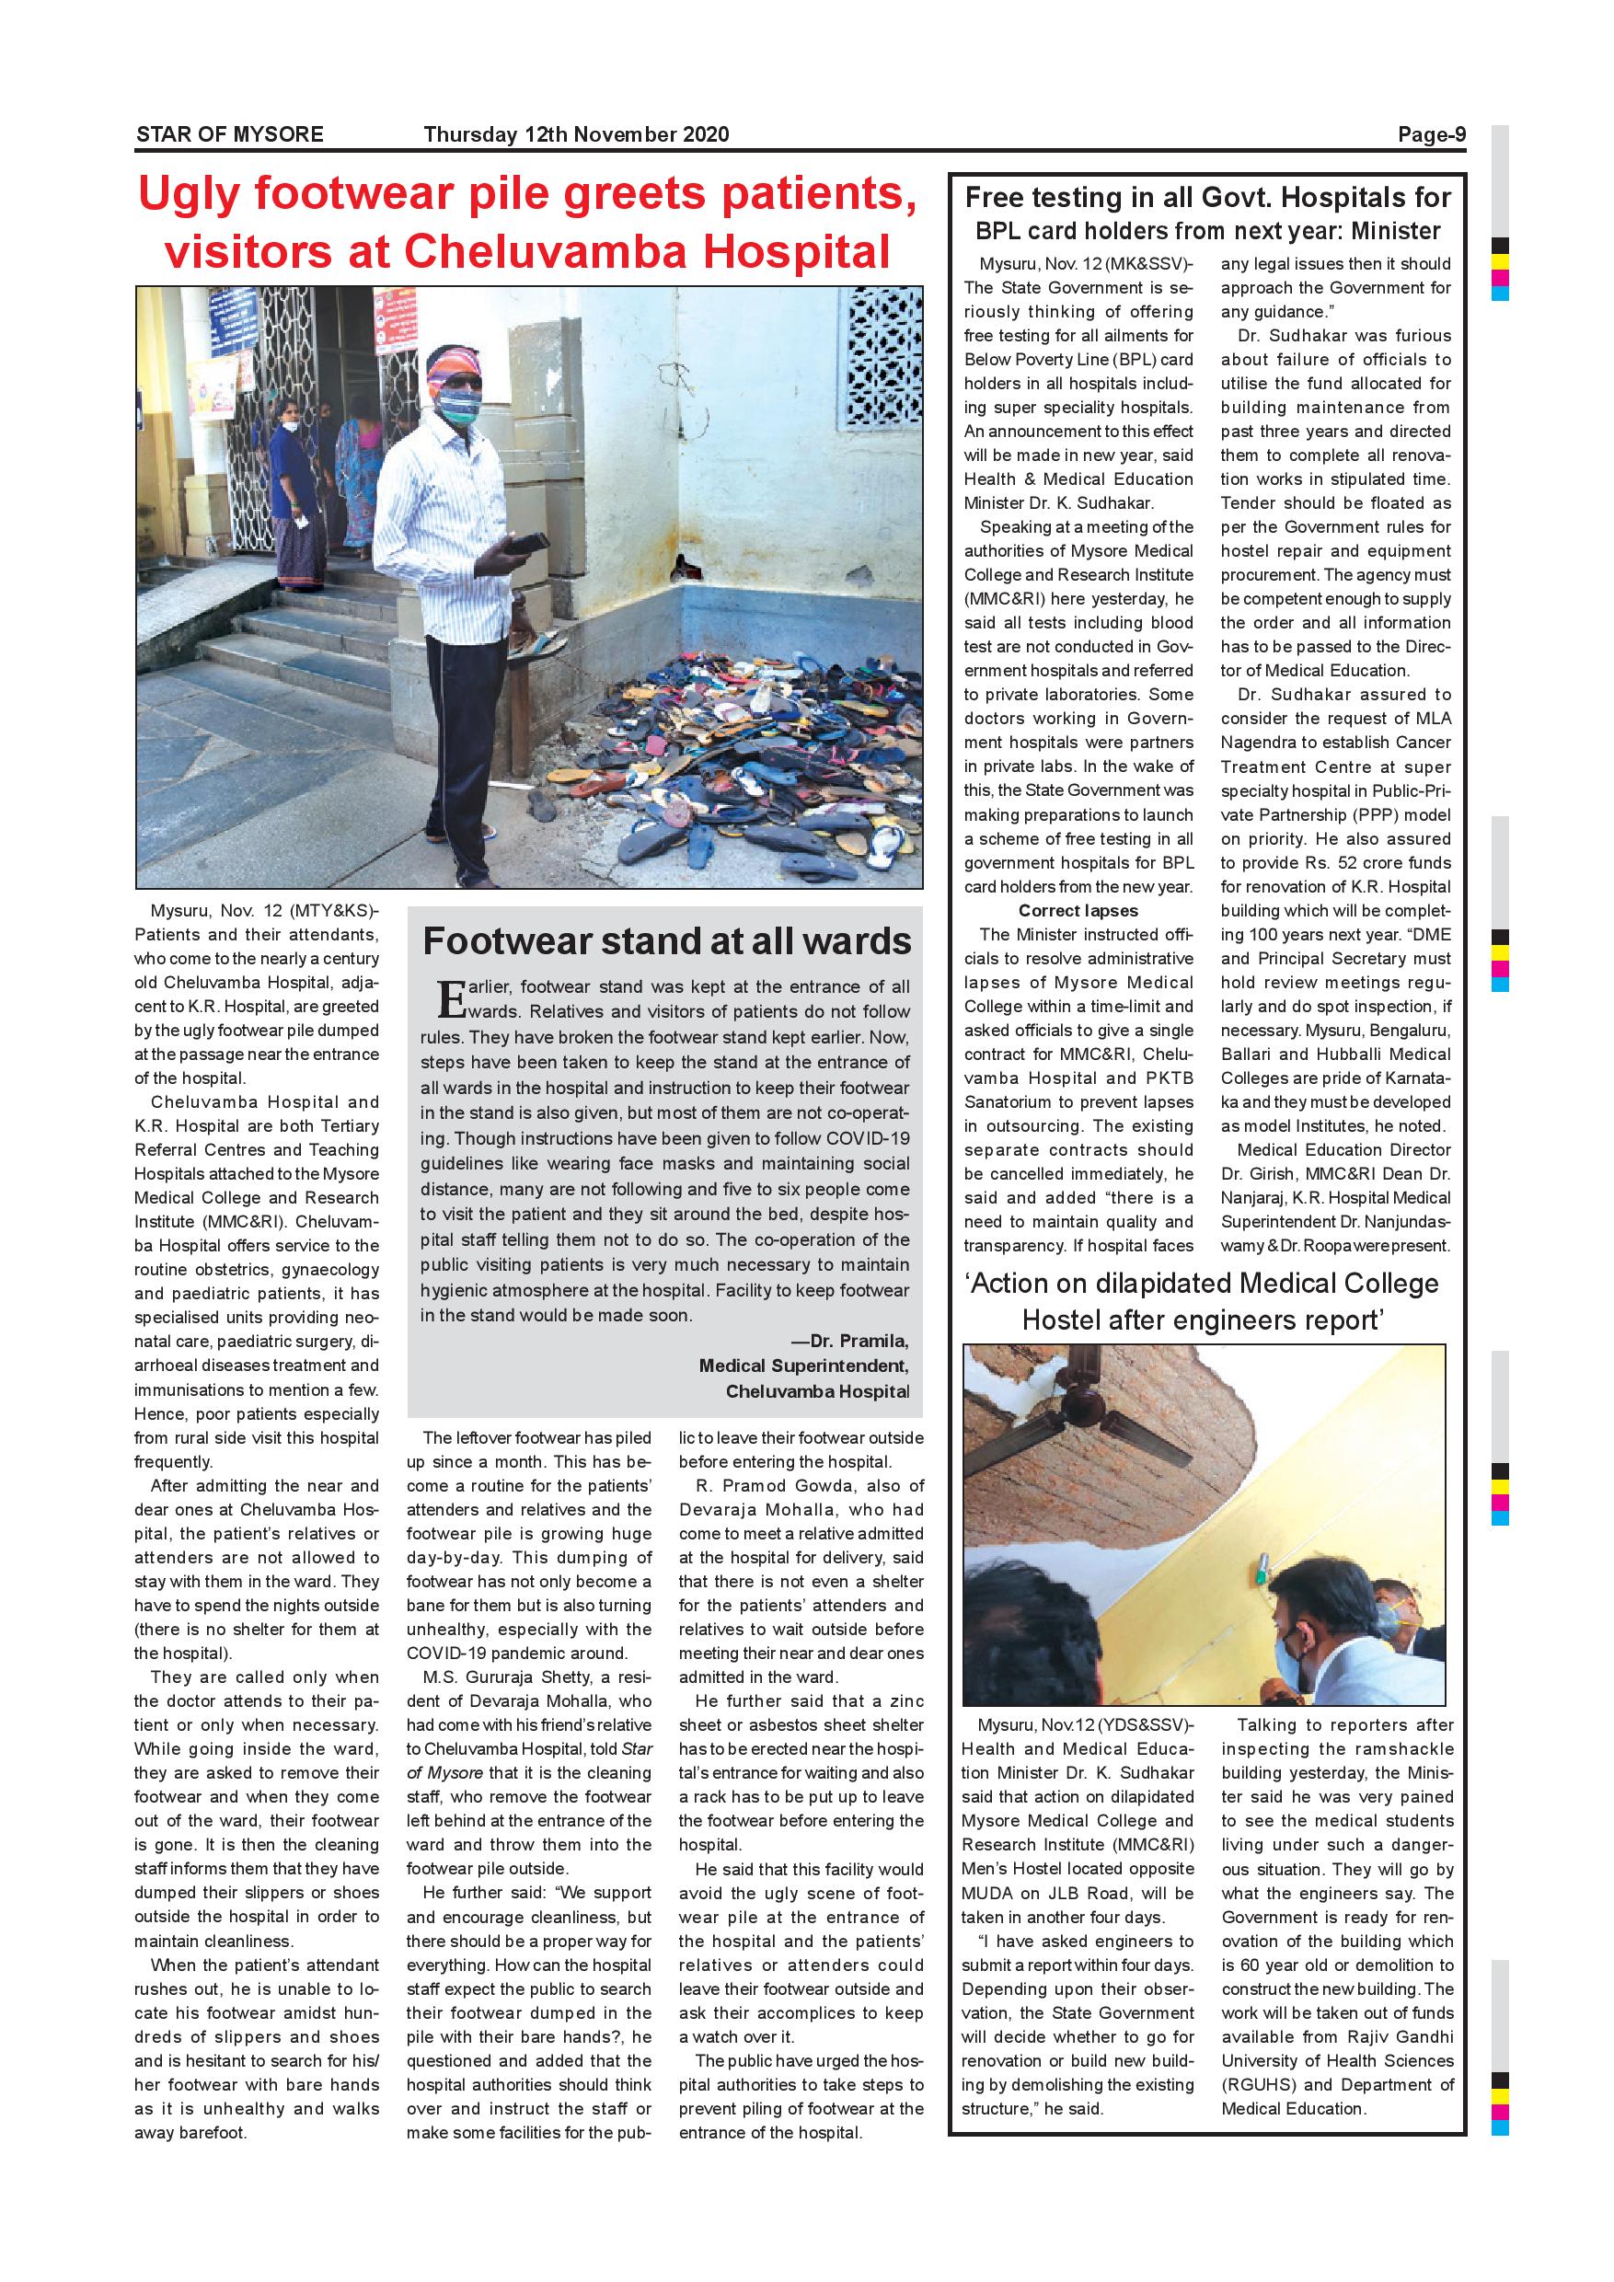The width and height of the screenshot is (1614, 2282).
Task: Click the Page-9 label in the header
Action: point(1431,134)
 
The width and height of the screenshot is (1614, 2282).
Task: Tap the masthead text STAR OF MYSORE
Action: point(229,134)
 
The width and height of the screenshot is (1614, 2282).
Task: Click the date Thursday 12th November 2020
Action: point(575,134)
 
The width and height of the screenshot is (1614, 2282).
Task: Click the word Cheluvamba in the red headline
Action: point(546,251)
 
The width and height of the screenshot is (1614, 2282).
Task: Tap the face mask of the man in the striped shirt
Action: point(458,405)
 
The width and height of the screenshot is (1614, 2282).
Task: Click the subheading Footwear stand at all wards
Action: point(666,940)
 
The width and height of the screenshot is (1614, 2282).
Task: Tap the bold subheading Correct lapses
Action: point(1078,910)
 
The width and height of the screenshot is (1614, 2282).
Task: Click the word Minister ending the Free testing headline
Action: point(1395,232)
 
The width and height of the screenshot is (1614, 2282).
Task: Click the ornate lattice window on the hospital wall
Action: point(880,358)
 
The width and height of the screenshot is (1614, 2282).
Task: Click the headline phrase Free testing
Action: point(1043,197)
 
